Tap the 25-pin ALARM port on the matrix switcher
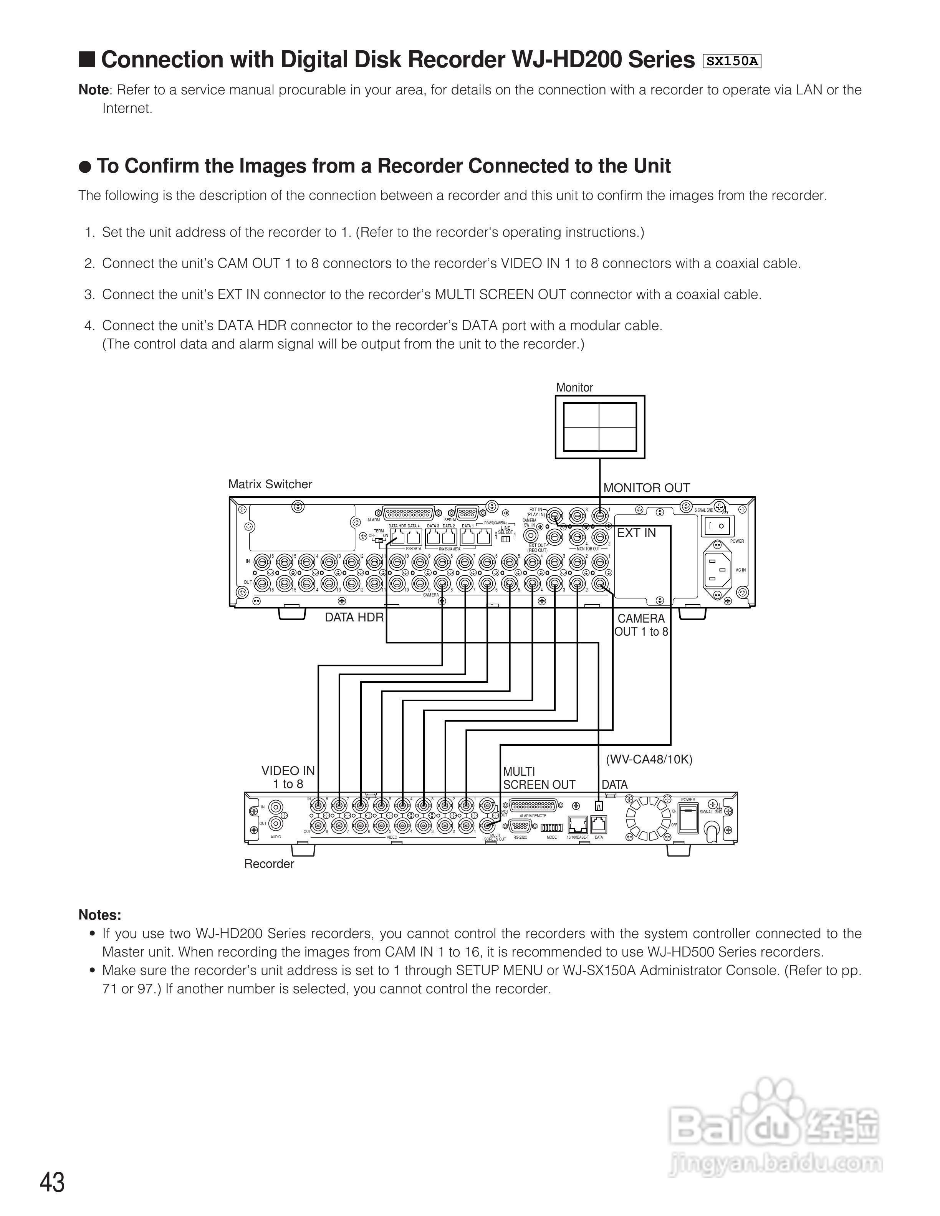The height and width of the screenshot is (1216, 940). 409,513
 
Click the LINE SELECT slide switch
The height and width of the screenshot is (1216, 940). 506,538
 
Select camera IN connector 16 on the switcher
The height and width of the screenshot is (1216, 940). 262,561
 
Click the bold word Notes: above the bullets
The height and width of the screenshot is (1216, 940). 100,915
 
